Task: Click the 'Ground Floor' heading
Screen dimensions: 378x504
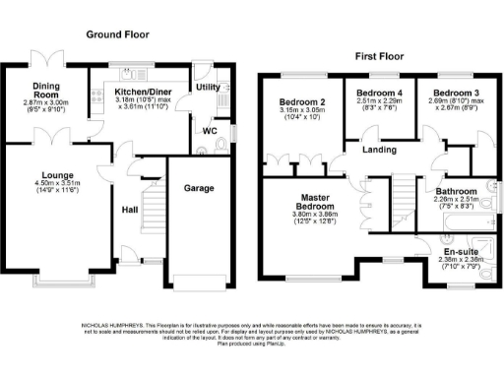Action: click(117, 33)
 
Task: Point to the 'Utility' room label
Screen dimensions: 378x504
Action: click(208, 88)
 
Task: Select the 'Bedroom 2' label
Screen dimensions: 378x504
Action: click(301, 102)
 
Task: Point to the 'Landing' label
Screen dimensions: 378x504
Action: click(379, 151)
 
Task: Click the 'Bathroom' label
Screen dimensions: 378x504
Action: click(456, 191)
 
